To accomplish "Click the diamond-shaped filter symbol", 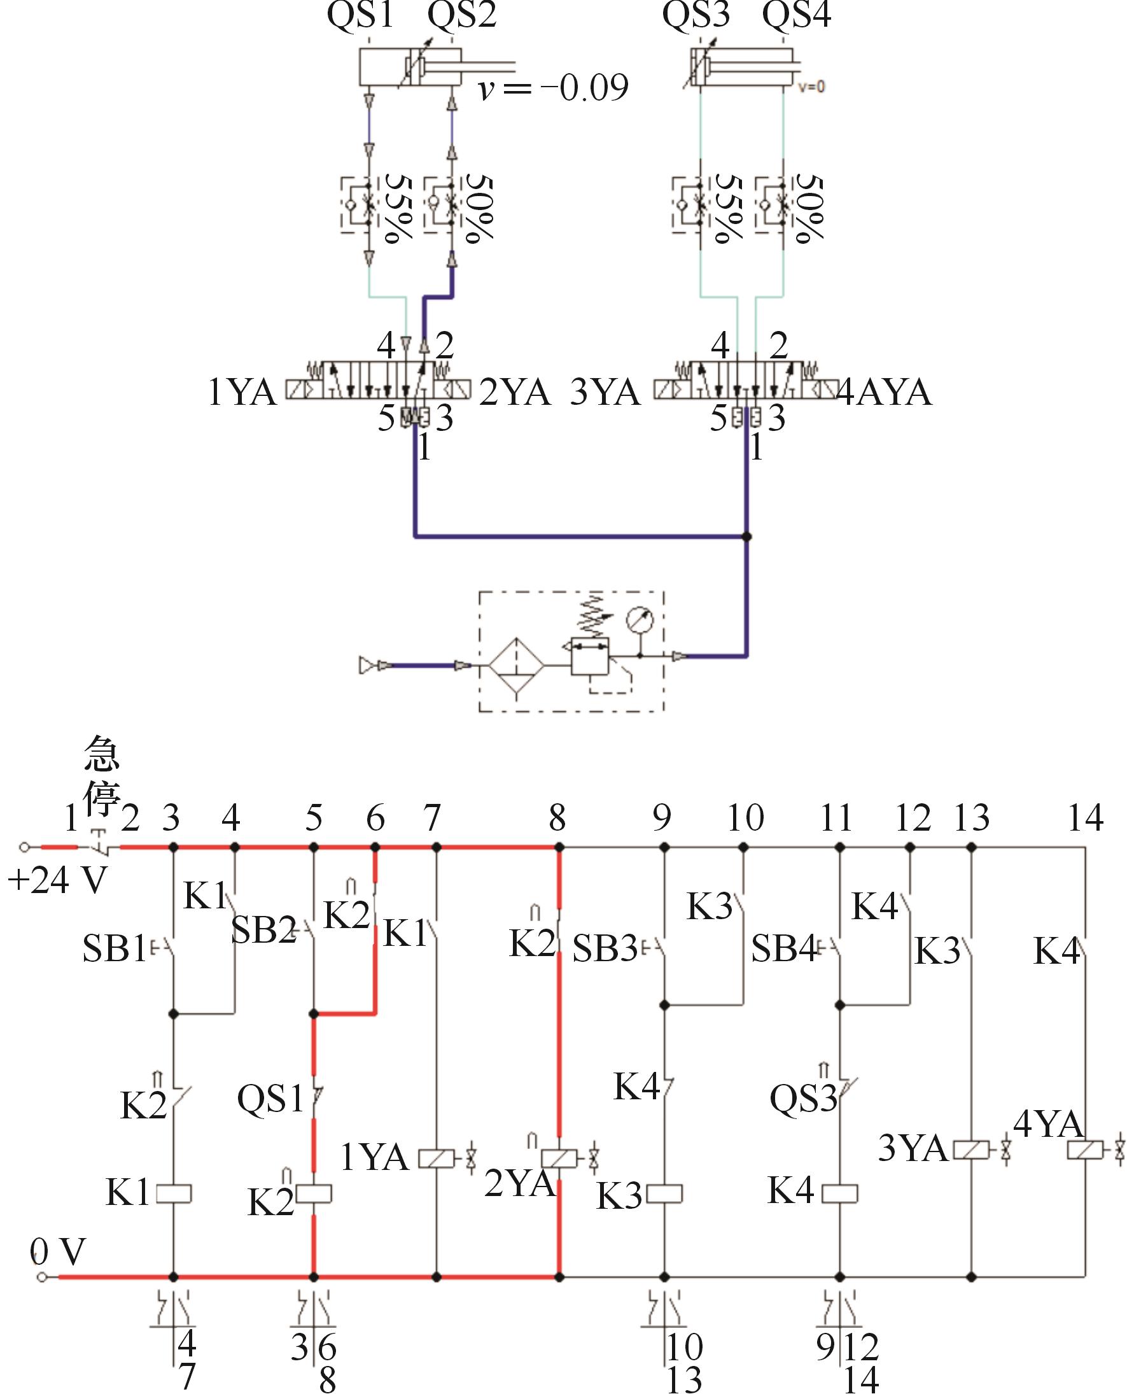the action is click(516, 666).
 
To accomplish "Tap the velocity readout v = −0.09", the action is click(554, 88).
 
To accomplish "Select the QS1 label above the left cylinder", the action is click(360, 14).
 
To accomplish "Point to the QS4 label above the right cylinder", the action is click(797, 14).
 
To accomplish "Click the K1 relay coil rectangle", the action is click(174, 1193).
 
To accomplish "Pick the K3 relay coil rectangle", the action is click(665, 1193).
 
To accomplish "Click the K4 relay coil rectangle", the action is click(840, 1193).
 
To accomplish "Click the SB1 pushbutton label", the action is click(115, 949).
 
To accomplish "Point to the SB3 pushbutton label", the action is click(605, 949).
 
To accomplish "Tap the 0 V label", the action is click(58, 1251).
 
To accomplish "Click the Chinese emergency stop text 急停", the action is click(102, 775).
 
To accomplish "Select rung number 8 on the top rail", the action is click(557, 818).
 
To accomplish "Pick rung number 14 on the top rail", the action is click(1086, 818).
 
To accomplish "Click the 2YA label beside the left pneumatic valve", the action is click(515, 392).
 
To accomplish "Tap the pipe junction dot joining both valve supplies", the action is click(746, 537).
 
